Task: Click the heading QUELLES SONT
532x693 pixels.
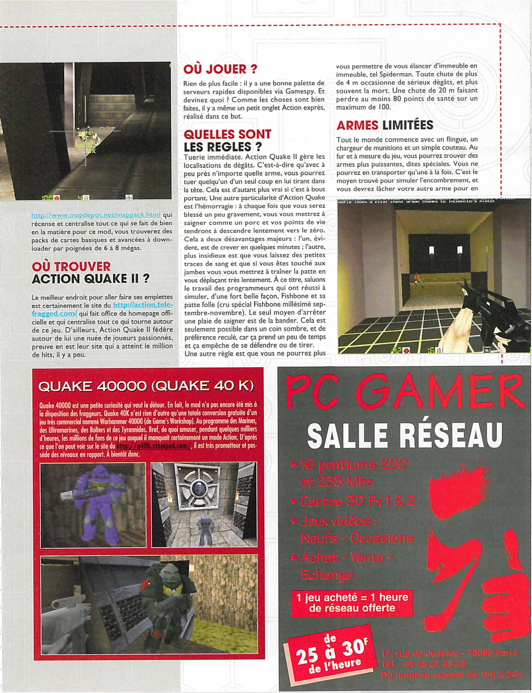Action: tap(227, 134)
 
